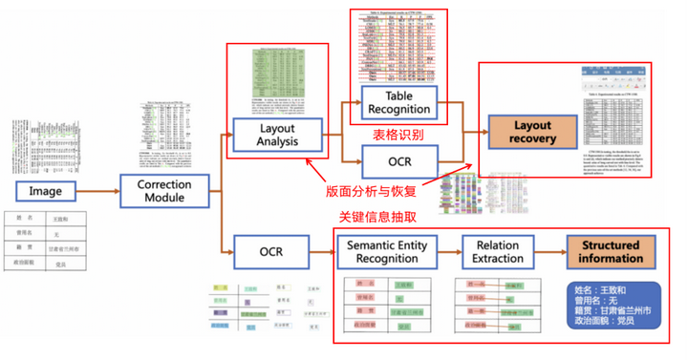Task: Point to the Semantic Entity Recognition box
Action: (387, 253)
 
